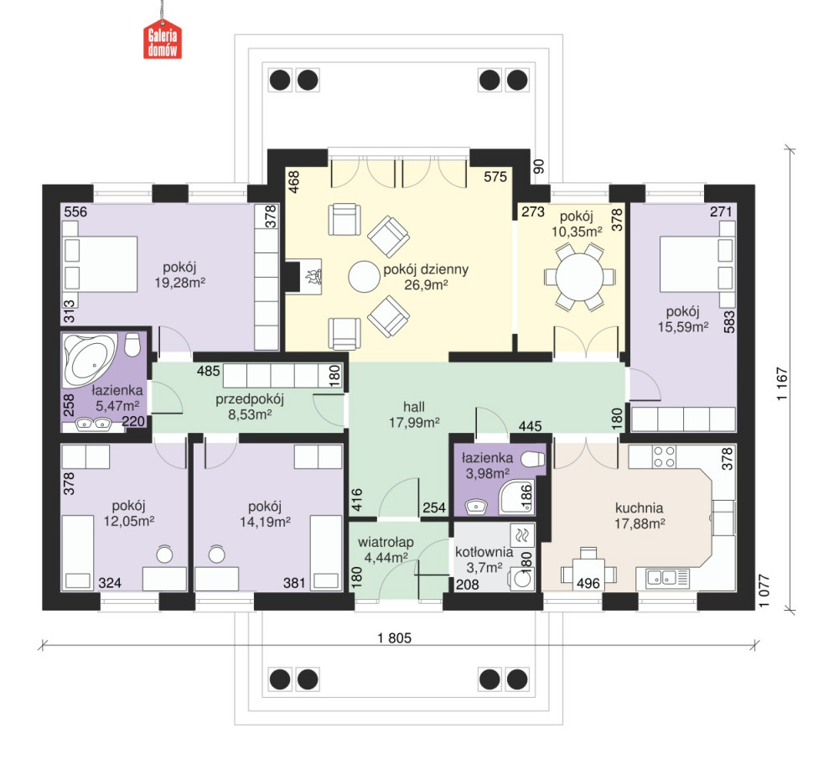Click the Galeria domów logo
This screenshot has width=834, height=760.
point(163,40)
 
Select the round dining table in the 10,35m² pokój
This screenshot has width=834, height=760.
point(579,277)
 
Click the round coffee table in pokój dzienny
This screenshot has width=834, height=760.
point(365,276)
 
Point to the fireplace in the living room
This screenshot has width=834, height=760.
point(303,276)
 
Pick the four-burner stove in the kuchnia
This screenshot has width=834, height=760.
point(664,456)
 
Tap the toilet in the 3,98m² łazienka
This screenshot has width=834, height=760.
point(533,459)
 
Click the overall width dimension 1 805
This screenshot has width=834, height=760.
point(395,638)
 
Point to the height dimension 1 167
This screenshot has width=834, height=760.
point(782,384)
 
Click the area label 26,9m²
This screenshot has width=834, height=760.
point(426,284)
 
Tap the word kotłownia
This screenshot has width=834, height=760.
point(484,552)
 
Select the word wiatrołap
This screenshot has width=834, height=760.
point(386,543)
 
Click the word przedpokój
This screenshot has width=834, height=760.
point(250,399)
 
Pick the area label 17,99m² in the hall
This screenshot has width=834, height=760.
point(414,423)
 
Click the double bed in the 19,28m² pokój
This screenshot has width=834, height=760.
point(100,264)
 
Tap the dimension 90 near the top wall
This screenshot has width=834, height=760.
point(539,167)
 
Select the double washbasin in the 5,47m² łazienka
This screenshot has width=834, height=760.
point(93,424)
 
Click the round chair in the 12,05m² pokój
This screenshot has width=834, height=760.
point(164,554)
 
